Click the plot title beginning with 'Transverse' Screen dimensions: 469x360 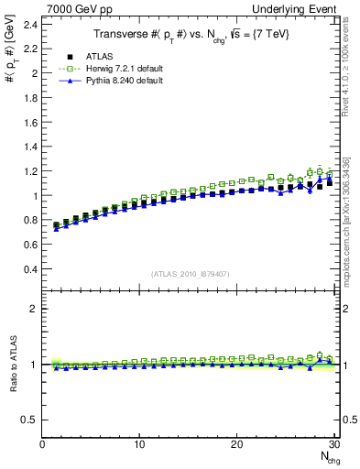click(x=190, y=35)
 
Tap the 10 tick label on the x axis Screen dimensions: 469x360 click(x=139, y=445)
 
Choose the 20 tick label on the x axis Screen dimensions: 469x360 click(x=237, y=445)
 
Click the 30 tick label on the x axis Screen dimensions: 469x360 click(x=333, y=445)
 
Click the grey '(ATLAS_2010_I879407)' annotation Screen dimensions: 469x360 click(x=190, y=273)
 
